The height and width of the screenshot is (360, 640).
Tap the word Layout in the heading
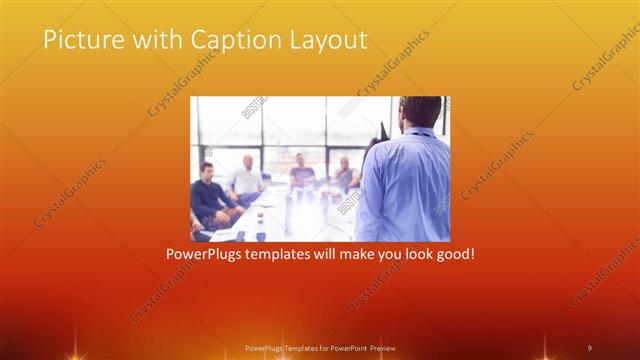328,41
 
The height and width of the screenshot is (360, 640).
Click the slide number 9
589,347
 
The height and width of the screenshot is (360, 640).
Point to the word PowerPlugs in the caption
207,254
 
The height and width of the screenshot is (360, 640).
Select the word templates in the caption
292,254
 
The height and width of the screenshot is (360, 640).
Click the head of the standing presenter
414,112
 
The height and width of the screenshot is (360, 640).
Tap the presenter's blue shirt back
405,185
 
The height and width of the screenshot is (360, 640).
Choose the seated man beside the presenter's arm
346,174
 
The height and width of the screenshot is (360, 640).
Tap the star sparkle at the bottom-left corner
71,351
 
